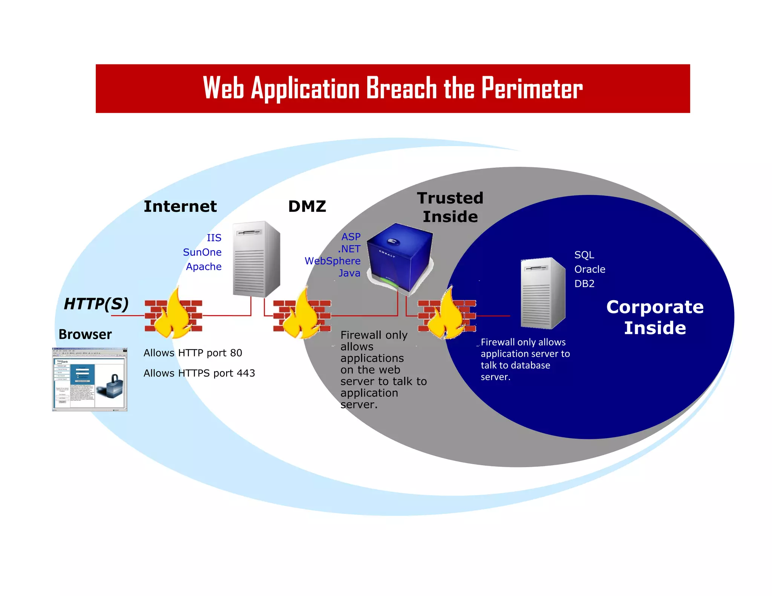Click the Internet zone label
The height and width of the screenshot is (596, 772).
(180, 206)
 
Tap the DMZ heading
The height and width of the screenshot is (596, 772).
(307, 206)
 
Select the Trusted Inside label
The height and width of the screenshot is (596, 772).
(450, 207)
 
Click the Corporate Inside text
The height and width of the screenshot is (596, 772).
(655, 317)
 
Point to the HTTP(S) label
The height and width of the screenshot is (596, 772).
(96, 304)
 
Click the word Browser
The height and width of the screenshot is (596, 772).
(85, 335)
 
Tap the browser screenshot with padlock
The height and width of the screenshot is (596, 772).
(90, 379)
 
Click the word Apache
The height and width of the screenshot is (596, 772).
(204, 267)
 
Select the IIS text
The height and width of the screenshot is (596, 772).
(214, 238)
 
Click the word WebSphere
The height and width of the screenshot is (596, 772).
(332, 261)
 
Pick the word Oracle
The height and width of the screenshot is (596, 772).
(590, 269)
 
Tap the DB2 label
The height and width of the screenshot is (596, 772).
(584, 284)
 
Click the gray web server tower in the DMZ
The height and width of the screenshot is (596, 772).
(256, 259)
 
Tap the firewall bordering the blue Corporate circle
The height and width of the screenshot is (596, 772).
(447, 316)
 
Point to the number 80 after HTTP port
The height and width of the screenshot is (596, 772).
(236, 353)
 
